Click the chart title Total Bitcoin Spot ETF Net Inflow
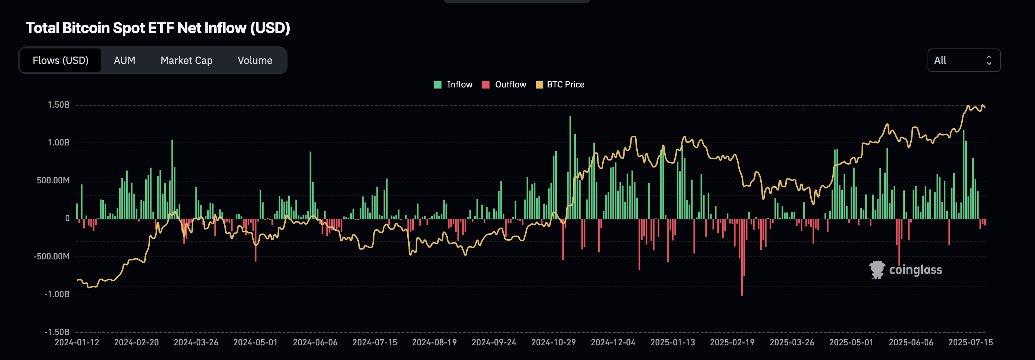click(157, 28)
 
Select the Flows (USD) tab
click(60, 60)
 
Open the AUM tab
click(124, 60)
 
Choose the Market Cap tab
click(186, 60)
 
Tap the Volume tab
click(255, 60)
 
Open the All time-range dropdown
click(963, 60)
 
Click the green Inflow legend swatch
click(438, 85)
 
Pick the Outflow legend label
click(510, 84)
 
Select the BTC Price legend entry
click(565, 84)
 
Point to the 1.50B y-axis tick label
click(59, 105)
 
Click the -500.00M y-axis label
click(51, 256)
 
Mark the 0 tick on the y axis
click(67, 219)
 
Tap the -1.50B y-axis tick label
click(57, 332)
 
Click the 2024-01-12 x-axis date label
click(77, 342)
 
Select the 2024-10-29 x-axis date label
click(553, 342)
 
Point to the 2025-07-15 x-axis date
click(970, 342)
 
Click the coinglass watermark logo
click(906, 270)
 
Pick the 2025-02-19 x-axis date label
click(732, 342)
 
